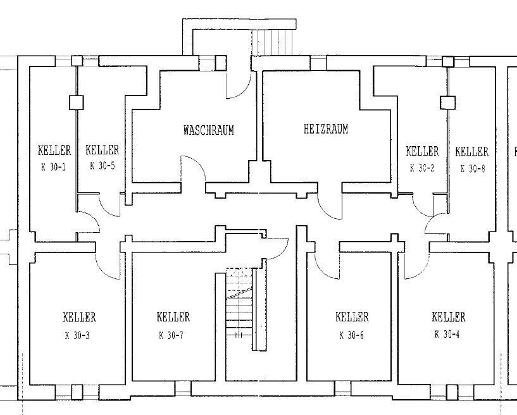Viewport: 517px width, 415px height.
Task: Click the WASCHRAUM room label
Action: pyautogui.click(x=209, y=130)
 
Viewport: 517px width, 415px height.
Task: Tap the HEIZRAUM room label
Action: pyautogui.click(x=326, y=128)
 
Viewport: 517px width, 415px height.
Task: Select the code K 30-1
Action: pyautogui.click(x=54, y=167)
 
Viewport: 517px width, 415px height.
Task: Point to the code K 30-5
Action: pyautogui.click(x=103, y=166)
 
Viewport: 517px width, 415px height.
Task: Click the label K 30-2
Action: pyautogui.click(x=422, y=168)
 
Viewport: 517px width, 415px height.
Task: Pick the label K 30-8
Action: pyautogui.click(x=473, y=169)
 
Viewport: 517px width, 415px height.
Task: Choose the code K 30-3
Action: pyautogui.click(x=77, y=335)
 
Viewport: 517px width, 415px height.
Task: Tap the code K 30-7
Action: pyautogui.click(x=171, y=335)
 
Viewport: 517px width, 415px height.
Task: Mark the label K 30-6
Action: pyautogui.click(x=351, y=335)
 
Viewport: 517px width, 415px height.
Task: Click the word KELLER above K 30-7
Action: pyautogui.click(x=173, y=317)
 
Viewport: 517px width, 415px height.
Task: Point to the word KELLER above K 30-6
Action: pyautogui.click(x=352, y=317)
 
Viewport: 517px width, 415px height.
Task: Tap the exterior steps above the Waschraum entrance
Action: pyautogui.click(x=272, y=42)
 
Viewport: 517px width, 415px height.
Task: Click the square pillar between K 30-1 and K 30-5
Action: pyautogui.click(x=77, y=102)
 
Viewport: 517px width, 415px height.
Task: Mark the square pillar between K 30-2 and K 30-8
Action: pyautogui.click(x=448, y=102)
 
